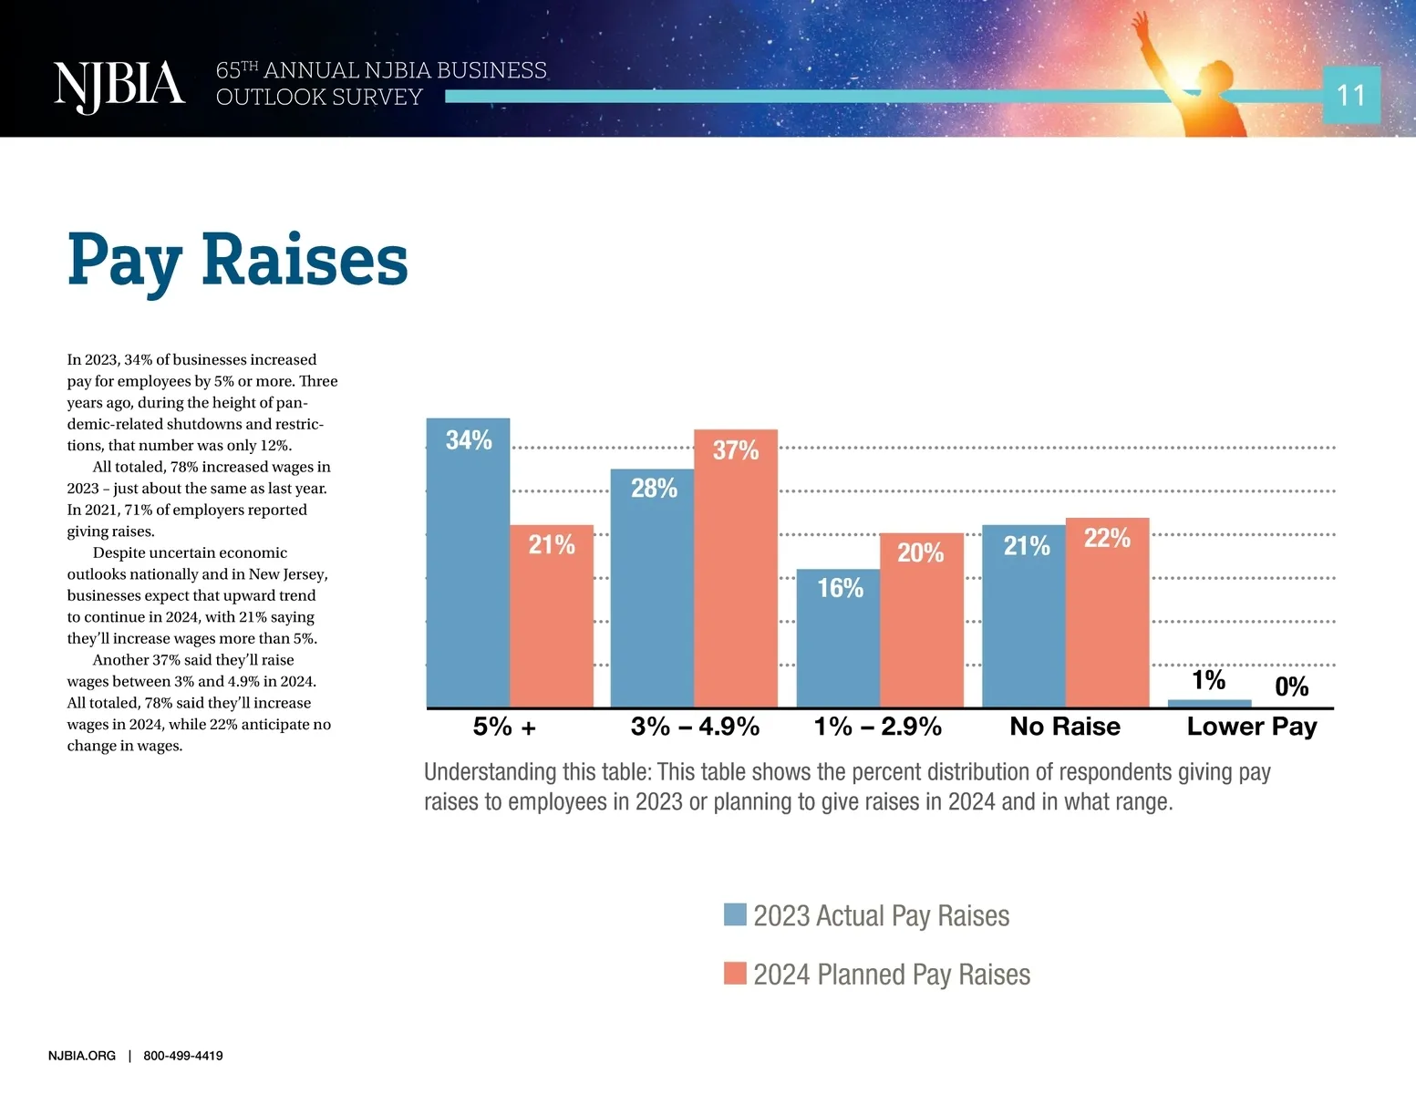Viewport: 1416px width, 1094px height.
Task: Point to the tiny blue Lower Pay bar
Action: [x=1209, y=703]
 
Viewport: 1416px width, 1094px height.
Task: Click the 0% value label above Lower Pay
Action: [x=1291, y=686]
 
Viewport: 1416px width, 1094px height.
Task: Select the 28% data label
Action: [x=654, y=489]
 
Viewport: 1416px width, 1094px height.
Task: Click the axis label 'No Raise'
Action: [x=1064, y=727]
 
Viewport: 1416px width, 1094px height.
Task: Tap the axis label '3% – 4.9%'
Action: [x=695, y=727]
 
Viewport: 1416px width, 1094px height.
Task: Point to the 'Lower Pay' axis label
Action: [x=1251, y=727]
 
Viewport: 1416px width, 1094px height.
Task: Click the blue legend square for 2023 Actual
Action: [x=735, y=914]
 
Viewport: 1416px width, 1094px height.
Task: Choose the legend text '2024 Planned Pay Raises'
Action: [x=891, y=975]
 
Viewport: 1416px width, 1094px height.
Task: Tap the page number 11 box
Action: [x=1350, y=95]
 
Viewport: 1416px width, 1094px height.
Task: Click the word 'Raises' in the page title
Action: [x=305, y=261]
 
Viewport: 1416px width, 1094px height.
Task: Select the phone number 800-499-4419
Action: [x=182, y=1056]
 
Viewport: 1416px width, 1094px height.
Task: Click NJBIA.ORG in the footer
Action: [x=82, y=1056]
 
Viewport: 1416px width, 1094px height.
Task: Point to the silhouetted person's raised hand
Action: [x=1139, y=23]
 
